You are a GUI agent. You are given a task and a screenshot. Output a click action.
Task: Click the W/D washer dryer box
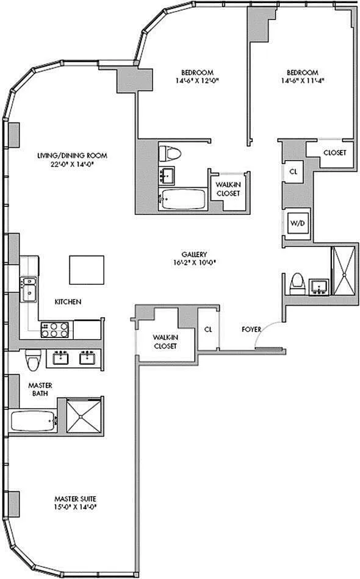click(298, 223)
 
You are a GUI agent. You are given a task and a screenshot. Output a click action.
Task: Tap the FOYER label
click(251, 329)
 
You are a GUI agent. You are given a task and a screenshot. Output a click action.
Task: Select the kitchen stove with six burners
click(55, 329)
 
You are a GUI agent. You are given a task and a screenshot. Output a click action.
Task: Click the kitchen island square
click(87, 270)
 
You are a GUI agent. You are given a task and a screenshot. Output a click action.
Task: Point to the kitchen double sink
click(29, 289)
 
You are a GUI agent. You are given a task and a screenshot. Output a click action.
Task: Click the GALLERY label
click(194, 254)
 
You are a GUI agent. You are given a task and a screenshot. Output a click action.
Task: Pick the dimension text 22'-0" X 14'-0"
click(72, 165)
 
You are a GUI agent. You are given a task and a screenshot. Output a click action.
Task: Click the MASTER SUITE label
click(75, 498)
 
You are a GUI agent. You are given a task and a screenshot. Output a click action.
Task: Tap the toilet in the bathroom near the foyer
click(297, 284)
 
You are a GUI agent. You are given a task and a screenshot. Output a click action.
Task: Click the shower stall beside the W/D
click(344, 272)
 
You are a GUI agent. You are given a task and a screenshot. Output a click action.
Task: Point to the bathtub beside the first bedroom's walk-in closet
click(182, 200)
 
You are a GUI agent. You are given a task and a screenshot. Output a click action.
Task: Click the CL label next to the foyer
click(208, 329)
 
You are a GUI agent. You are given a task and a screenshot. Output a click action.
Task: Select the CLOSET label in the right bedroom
click(335, 153)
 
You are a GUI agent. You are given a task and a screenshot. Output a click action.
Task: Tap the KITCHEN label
click(68, 301)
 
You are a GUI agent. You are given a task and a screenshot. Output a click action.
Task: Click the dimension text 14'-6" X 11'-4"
click(303, 81)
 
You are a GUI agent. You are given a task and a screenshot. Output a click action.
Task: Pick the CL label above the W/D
click(293, 171)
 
